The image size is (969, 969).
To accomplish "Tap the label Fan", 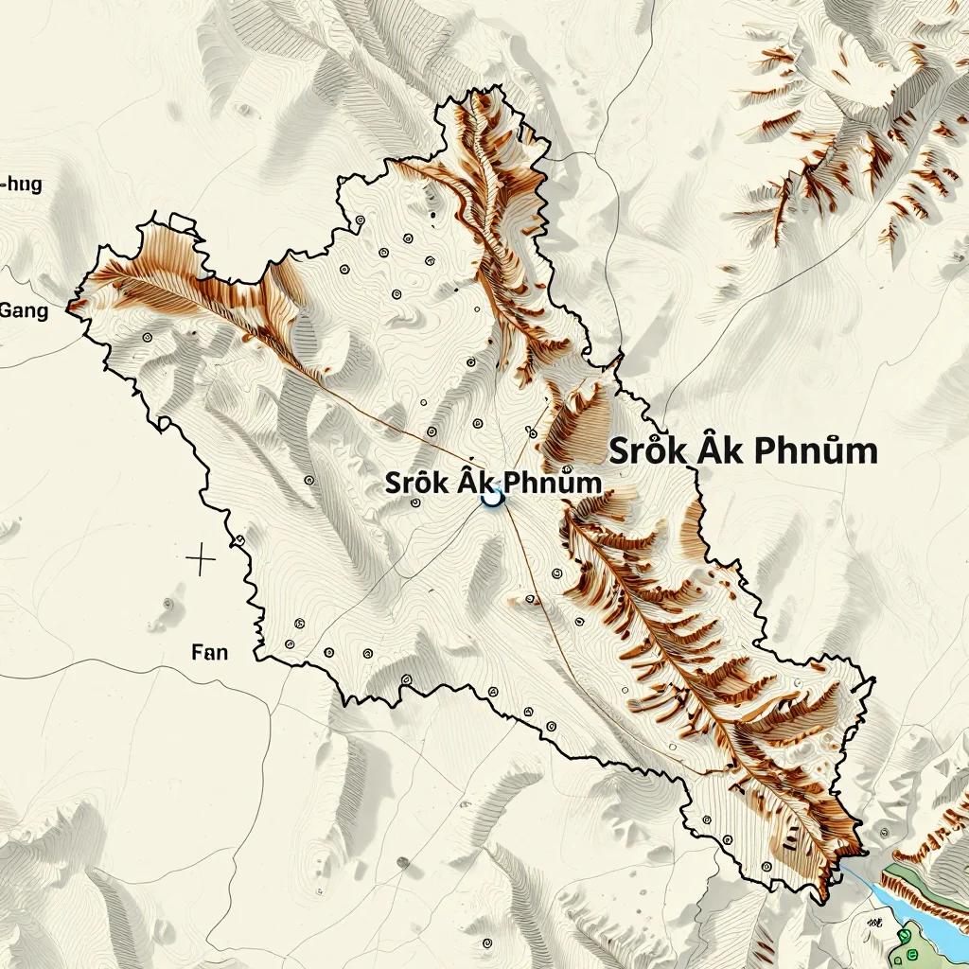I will click(x=209, y=652).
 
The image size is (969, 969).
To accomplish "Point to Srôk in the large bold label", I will click(x=643, y=451).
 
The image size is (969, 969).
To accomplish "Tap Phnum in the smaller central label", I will click(x=553, y=483).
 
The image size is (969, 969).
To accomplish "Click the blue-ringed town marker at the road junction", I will click(x=491, y=496).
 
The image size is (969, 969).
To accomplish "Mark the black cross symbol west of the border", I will click(x=201, y=559).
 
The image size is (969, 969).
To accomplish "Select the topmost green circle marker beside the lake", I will click(x=905, y=936).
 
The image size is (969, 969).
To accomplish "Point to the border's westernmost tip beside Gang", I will click(x=68, y=306).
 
